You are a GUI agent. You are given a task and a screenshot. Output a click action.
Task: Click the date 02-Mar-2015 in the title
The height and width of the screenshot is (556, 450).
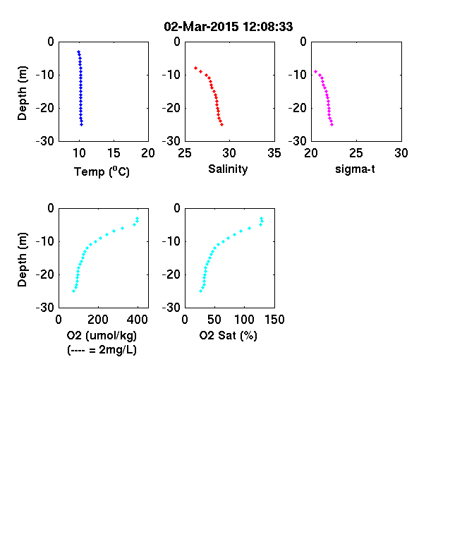(201, 27)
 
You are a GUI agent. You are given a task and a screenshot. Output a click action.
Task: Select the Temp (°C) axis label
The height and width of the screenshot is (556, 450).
(102, 171)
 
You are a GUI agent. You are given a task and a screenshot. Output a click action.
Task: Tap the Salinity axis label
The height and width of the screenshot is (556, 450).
(228, 169)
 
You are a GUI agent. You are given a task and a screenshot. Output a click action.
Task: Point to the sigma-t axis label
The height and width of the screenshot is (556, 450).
(355, 169)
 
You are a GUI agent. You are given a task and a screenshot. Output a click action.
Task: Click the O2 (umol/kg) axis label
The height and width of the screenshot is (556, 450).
(102, 335)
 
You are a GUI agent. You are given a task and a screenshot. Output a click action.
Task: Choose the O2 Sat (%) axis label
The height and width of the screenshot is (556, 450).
(228, 335)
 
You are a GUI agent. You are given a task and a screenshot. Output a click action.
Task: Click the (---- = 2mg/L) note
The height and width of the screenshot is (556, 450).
(102, 350)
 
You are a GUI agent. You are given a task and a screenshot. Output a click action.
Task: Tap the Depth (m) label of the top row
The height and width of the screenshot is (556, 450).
(22, 93)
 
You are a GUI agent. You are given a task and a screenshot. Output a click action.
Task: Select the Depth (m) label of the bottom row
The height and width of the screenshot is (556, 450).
(22, 260)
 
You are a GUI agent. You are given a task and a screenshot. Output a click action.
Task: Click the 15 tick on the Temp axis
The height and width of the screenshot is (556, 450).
(114, 153)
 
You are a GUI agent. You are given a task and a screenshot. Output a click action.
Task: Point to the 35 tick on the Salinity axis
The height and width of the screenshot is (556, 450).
(274, 153)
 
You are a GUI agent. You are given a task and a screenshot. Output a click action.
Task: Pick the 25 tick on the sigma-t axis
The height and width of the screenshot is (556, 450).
(356, 153)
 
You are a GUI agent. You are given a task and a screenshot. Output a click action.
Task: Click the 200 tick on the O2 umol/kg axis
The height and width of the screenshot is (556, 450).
(98, 320)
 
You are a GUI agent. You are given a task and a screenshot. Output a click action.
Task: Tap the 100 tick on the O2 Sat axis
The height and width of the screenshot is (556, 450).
(244, 320)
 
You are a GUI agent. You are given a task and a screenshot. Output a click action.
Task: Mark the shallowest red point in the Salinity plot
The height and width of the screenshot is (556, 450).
(195, 68)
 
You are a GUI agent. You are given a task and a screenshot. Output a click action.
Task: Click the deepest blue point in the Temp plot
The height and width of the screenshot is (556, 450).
(82, 124)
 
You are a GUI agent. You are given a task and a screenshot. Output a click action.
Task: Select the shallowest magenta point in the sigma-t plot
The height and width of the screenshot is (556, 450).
(315, 71)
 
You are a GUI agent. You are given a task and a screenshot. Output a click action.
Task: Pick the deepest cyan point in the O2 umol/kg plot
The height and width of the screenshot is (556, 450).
(73, 291)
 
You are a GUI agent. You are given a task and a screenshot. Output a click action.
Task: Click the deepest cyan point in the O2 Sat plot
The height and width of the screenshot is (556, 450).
(200, 291)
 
